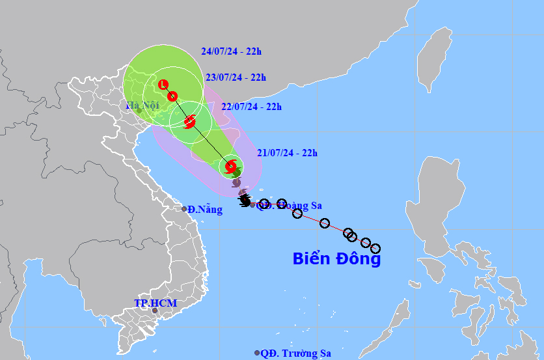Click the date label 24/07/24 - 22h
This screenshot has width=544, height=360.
[x=231, y=51]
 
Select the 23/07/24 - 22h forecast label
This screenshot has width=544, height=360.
[x=236, y=77]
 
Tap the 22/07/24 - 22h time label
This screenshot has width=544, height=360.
[x=251, y=107]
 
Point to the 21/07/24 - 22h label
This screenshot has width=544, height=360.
[x=287, y=153]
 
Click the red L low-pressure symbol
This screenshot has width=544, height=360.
[x=163, y=84]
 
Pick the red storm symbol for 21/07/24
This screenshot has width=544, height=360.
[x=231, y=167]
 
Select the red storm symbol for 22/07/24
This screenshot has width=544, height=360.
[x=189, y=121]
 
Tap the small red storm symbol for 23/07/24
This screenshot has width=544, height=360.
[x=172, y=96]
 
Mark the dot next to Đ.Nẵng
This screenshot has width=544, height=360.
[x=184, y=209]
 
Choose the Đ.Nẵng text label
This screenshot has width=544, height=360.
[x=205, y=210]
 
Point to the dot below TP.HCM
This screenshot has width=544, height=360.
[x=155, y=311]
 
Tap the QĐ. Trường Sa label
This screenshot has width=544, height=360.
[x=295, y=353]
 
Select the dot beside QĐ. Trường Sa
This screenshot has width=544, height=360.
[x=257, y=353]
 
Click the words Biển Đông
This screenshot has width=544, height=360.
[x=336, y=258]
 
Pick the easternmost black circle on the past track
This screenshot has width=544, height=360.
[x=375, y=248]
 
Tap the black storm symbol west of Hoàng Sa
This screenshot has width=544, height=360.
[x=245, y=199]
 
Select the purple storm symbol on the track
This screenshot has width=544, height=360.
[x=236, y=182]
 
